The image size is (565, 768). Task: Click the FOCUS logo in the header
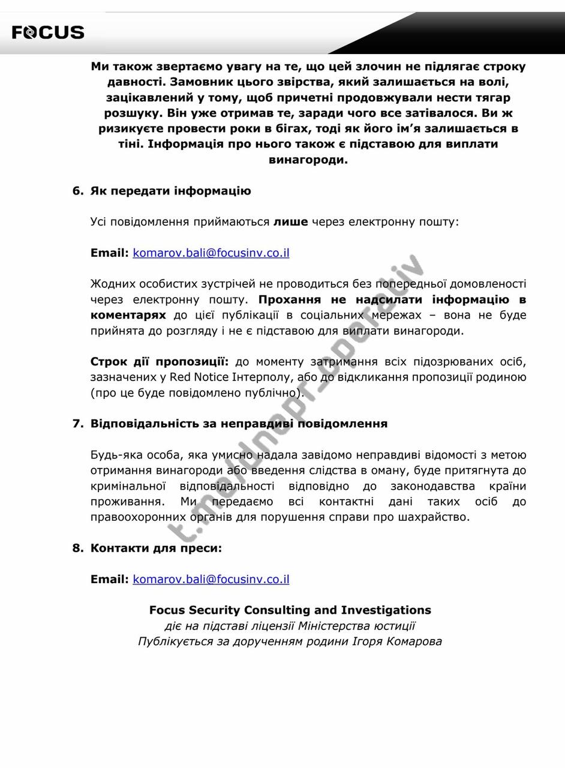pos(48,32)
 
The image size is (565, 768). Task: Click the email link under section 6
pos(211,253)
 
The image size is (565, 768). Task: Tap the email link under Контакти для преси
pos(211,579)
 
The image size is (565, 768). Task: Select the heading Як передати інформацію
pos(170,191)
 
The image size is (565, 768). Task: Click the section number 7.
pos(77,424)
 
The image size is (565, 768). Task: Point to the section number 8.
pos(77,548)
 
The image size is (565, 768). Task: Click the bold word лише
pos(290,222)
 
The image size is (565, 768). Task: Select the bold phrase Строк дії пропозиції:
pos(160,362)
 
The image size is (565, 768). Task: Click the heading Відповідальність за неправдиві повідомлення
pos(239,424)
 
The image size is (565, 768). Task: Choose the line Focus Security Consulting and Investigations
pos(290,610)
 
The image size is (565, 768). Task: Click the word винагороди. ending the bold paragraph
pos(308,160)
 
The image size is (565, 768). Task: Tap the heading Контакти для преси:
pos(156,548)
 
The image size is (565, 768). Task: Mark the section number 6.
pos(77,191)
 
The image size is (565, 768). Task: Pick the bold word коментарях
pos(128,315)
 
